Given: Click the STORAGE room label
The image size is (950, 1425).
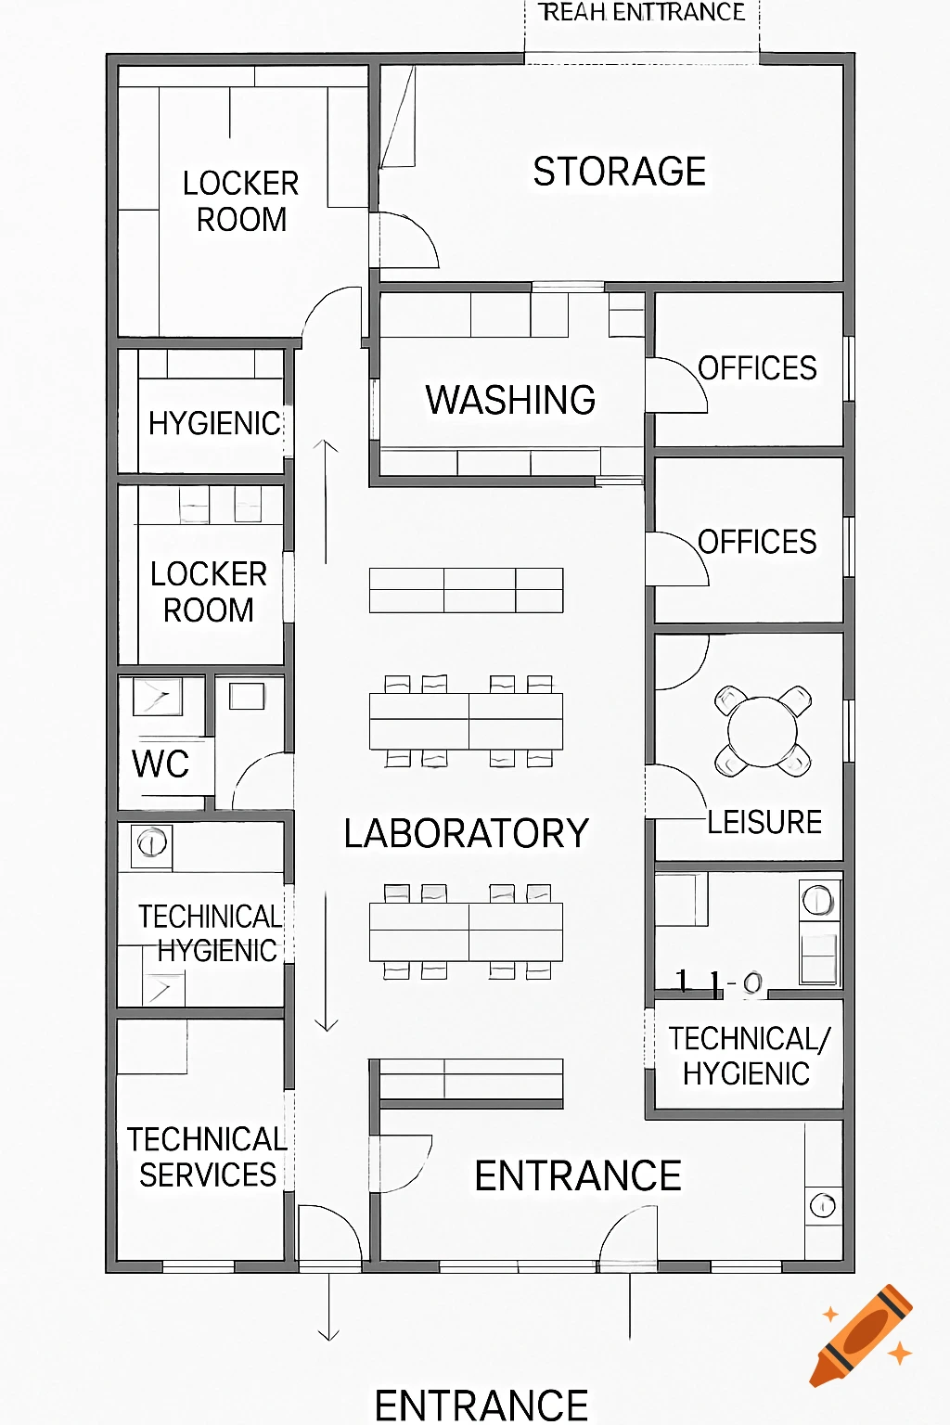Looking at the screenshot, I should [x=619, y=172].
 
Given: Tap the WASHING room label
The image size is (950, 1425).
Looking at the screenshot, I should [x=510, y=400].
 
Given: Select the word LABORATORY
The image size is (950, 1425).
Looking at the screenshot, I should [x=466, y=833].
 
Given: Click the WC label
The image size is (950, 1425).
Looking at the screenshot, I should [x=160, y=764].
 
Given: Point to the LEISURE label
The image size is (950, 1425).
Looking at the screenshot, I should [x=764, y=822].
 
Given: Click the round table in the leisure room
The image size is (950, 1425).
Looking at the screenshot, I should [x=763, y=731].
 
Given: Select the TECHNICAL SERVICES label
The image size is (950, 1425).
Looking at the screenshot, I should [x=206, y=1157].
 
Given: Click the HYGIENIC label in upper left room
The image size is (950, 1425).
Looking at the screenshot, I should [x=214, y=423].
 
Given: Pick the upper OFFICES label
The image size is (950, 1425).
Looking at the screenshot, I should [x=757, y=368].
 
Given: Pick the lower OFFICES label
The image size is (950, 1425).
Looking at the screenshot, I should [x=757, y=542].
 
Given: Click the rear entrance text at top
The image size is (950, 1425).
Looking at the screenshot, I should [x=642, y=12].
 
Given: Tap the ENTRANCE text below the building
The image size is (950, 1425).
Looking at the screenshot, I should [x=481, y=1405].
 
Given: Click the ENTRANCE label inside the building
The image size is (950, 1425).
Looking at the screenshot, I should [x=578, y=1176].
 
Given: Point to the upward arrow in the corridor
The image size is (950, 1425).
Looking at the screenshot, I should [x=326, y=501].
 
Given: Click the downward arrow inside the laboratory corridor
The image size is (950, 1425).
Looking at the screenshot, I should [x=326, y=965].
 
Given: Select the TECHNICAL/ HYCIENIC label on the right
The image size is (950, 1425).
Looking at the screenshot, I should [x=748, y=1056].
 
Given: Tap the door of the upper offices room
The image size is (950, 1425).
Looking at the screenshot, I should [x=675, y=385].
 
